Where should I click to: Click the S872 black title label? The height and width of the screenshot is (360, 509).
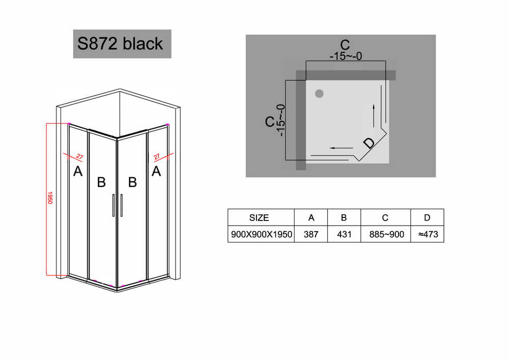click(122, 44)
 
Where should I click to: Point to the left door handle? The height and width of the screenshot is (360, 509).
click(114, 205)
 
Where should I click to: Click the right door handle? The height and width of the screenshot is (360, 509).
click(122, 205)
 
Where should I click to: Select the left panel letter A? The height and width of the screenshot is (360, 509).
click(78, 171)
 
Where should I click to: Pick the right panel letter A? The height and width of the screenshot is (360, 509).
click(156, 171)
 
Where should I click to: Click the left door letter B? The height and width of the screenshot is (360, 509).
click(101, 182)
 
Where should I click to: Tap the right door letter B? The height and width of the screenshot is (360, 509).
click(132, 182)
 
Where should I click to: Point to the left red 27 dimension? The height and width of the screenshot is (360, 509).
click(79, 157)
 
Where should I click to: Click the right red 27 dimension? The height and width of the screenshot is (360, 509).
click(157, 157)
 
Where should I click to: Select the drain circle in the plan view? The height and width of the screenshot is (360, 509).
click(320, 94)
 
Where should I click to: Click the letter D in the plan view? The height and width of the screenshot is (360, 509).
click(369, 143)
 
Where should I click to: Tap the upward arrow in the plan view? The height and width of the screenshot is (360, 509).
click(374, 116)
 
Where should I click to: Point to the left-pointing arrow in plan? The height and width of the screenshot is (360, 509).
click(341, 148)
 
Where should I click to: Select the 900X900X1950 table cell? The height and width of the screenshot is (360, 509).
click(261, 234)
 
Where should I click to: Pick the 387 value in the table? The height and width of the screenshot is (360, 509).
click(311, 234)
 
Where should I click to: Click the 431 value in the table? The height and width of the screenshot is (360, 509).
click(344, 234)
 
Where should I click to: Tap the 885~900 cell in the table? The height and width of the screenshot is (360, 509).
click(386, 234)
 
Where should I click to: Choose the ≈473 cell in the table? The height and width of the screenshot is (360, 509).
click(428, 234)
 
